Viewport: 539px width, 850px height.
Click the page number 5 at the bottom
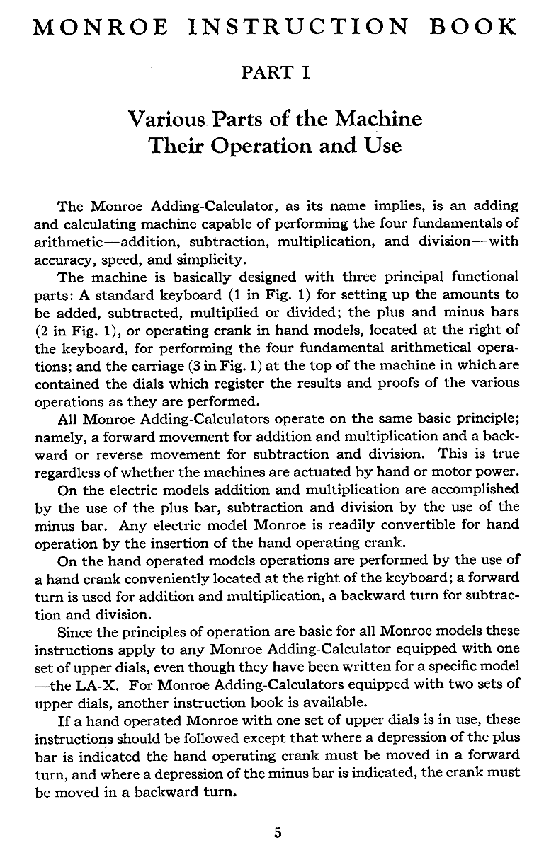(x=278, y=833)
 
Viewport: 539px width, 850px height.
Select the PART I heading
(x=276, y=71)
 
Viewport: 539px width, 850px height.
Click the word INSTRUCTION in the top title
(x=300, y=27)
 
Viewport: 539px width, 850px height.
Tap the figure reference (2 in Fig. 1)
(x=73, y=329)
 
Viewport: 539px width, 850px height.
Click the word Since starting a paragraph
(x=76, y=631)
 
